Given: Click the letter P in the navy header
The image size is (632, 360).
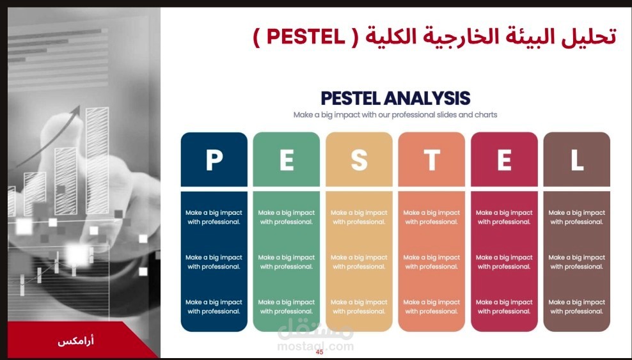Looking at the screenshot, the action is [x=214, y=160].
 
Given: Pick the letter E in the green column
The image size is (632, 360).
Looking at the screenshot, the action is [x=287, y=160].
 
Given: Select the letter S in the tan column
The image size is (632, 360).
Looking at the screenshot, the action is [x=359, y=160].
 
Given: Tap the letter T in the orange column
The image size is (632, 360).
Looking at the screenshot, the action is [x=432, y=160].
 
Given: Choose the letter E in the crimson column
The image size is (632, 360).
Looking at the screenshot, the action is [x=504, y=160].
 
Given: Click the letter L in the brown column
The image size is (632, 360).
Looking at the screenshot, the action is [x=577, y=160].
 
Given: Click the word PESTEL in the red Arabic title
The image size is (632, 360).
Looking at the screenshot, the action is [x=306, y=37].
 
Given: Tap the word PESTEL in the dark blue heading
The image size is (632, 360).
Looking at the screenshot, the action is [x=351, y=98].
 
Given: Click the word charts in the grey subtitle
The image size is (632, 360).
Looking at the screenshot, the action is [x=486, y=114].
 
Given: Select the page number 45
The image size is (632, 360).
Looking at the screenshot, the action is [x=320, y=352].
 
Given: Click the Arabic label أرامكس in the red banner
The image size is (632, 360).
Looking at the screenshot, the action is [x=75, y=341].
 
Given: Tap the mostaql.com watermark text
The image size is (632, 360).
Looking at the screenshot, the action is [x=315, y=347].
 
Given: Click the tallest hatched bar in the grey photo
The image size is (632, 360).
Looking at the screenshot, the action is [x=97, y=160].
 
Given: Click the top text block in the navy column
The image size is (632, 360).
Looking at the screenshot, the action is [x=214, y=217].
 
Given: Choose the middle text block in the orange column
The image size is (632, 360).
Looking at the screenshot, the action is [x=432, y=262].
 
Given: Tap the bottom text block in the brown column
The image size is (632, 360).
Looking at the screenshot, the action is [x=577, y=307].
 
